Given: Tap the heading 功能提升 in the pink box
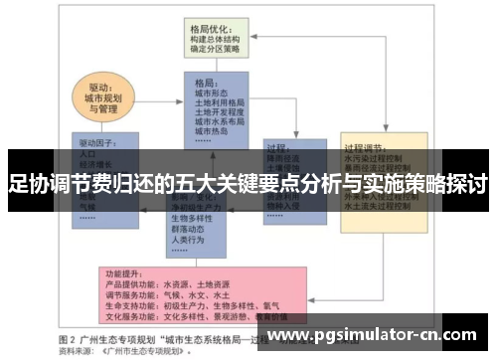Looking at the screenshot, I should (123, 271).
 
